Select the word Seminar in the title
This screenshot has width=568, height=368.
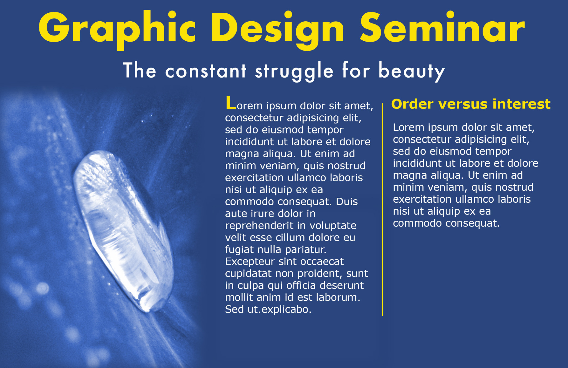point(443,28)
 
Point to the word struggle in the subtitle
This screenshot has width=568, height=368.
point(294,71)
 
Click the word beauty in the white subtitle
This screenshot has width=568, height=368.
point(412,71)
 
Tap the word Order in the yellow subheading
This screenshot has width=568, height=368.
point(412,104)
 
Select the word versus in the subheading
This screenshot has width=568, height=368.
point(462,104)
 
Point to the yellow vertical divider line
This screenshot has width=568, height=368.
point(382,209)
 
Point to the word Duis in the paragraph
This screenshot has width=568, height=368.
point(347,202)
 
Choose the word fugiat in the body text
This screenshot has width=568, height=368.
point(239,250)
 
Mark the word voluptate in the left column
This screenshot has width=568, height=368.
point(333,226)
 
